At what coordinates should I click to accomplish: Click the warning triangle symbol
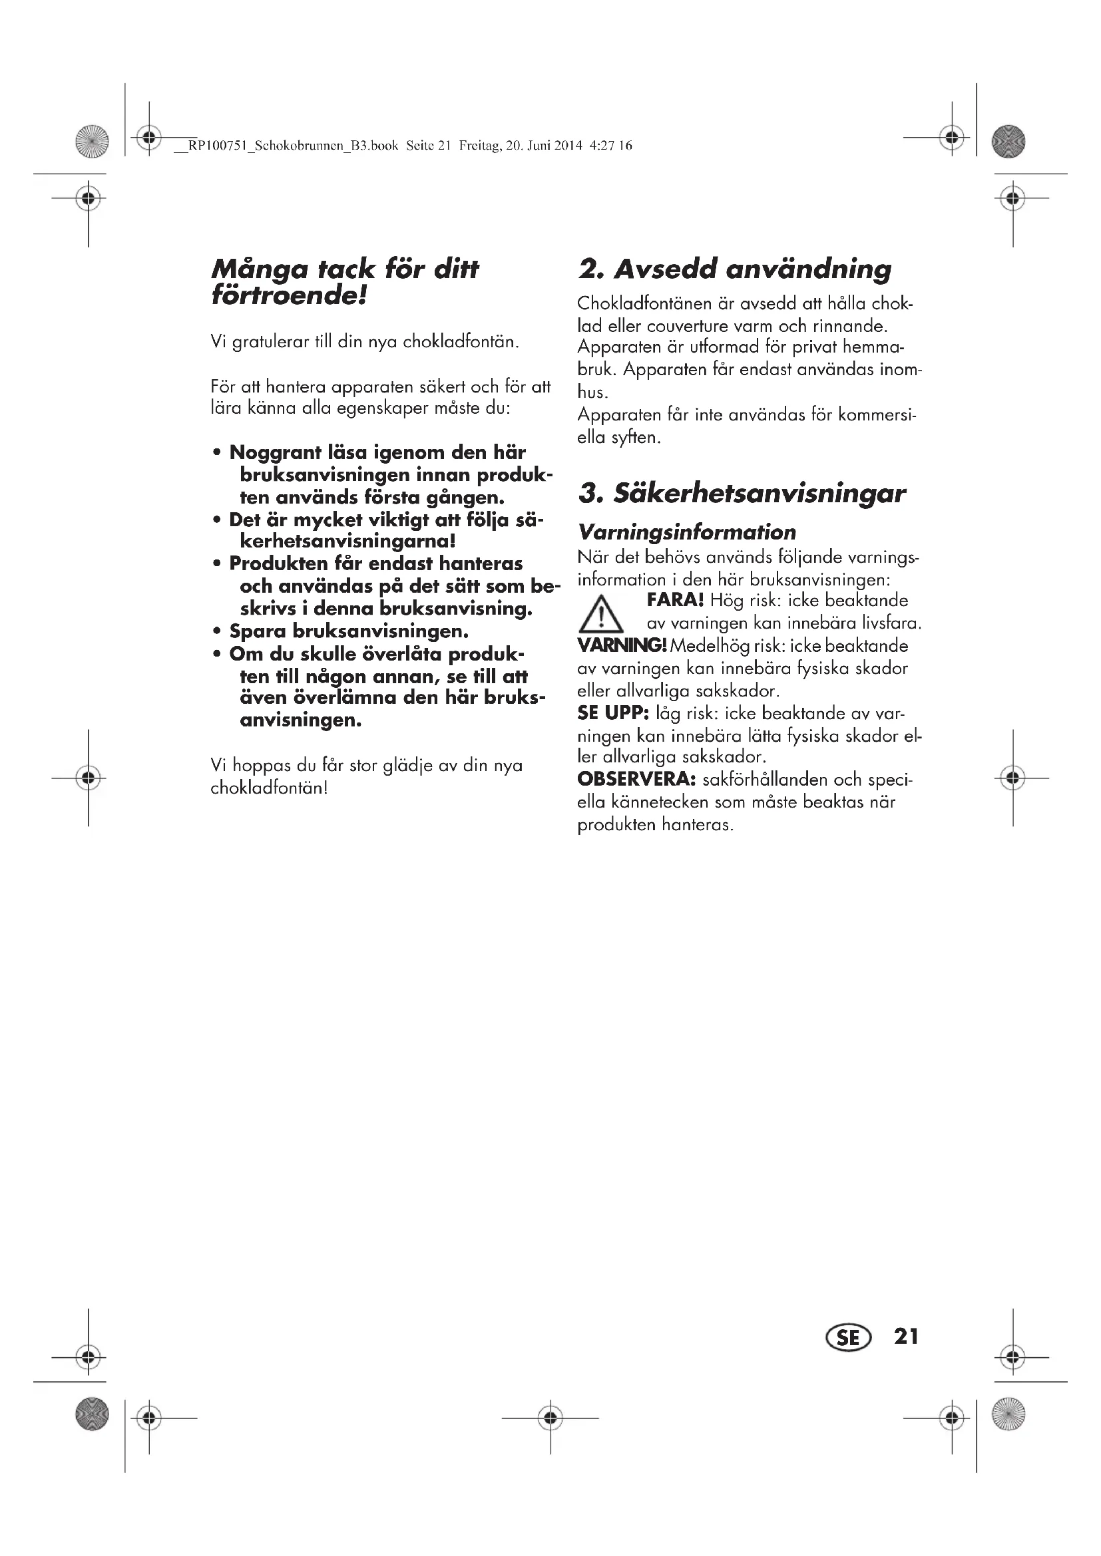pyautogui.click(x=600, y=613)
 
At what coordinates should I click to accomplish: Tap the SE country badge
pyautogui.click(x=847, y=1337)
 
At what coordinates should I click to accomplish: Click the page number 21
pyautogui.click(x=907, y=1336)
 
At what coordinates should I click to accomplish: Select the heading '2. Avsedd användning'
pyautogui.click(x=734, y=269)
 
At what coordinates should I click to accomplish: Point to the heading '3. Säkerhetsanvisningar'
pyautogui.click(x=742, y=494)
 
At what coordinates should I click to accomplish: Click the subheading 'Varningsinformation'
pyautogui.click(x=687, y=532)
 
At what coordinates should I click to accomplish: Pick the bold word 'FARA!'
pyautogui.click(x=675, y=601)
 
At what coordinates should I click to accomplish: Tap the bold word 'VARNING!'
pyautogui.click(x=622, y=645)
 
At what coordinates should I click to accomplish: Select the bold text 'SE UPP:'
pyautogui.click(x=613, y=713)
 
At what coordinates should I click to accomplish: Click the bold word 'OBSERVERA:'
pyautogui.click(x=636, y=780)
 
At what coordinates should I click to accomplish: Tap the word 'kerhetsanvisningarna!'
pyautogui.click(x=347, y=542)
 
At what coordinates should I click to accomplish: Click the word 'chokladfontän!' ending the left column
pyautogui.click(x=269, y=788)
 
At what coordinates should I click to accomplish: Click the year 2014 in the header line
pyautogui.click(x=568, y=146)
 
